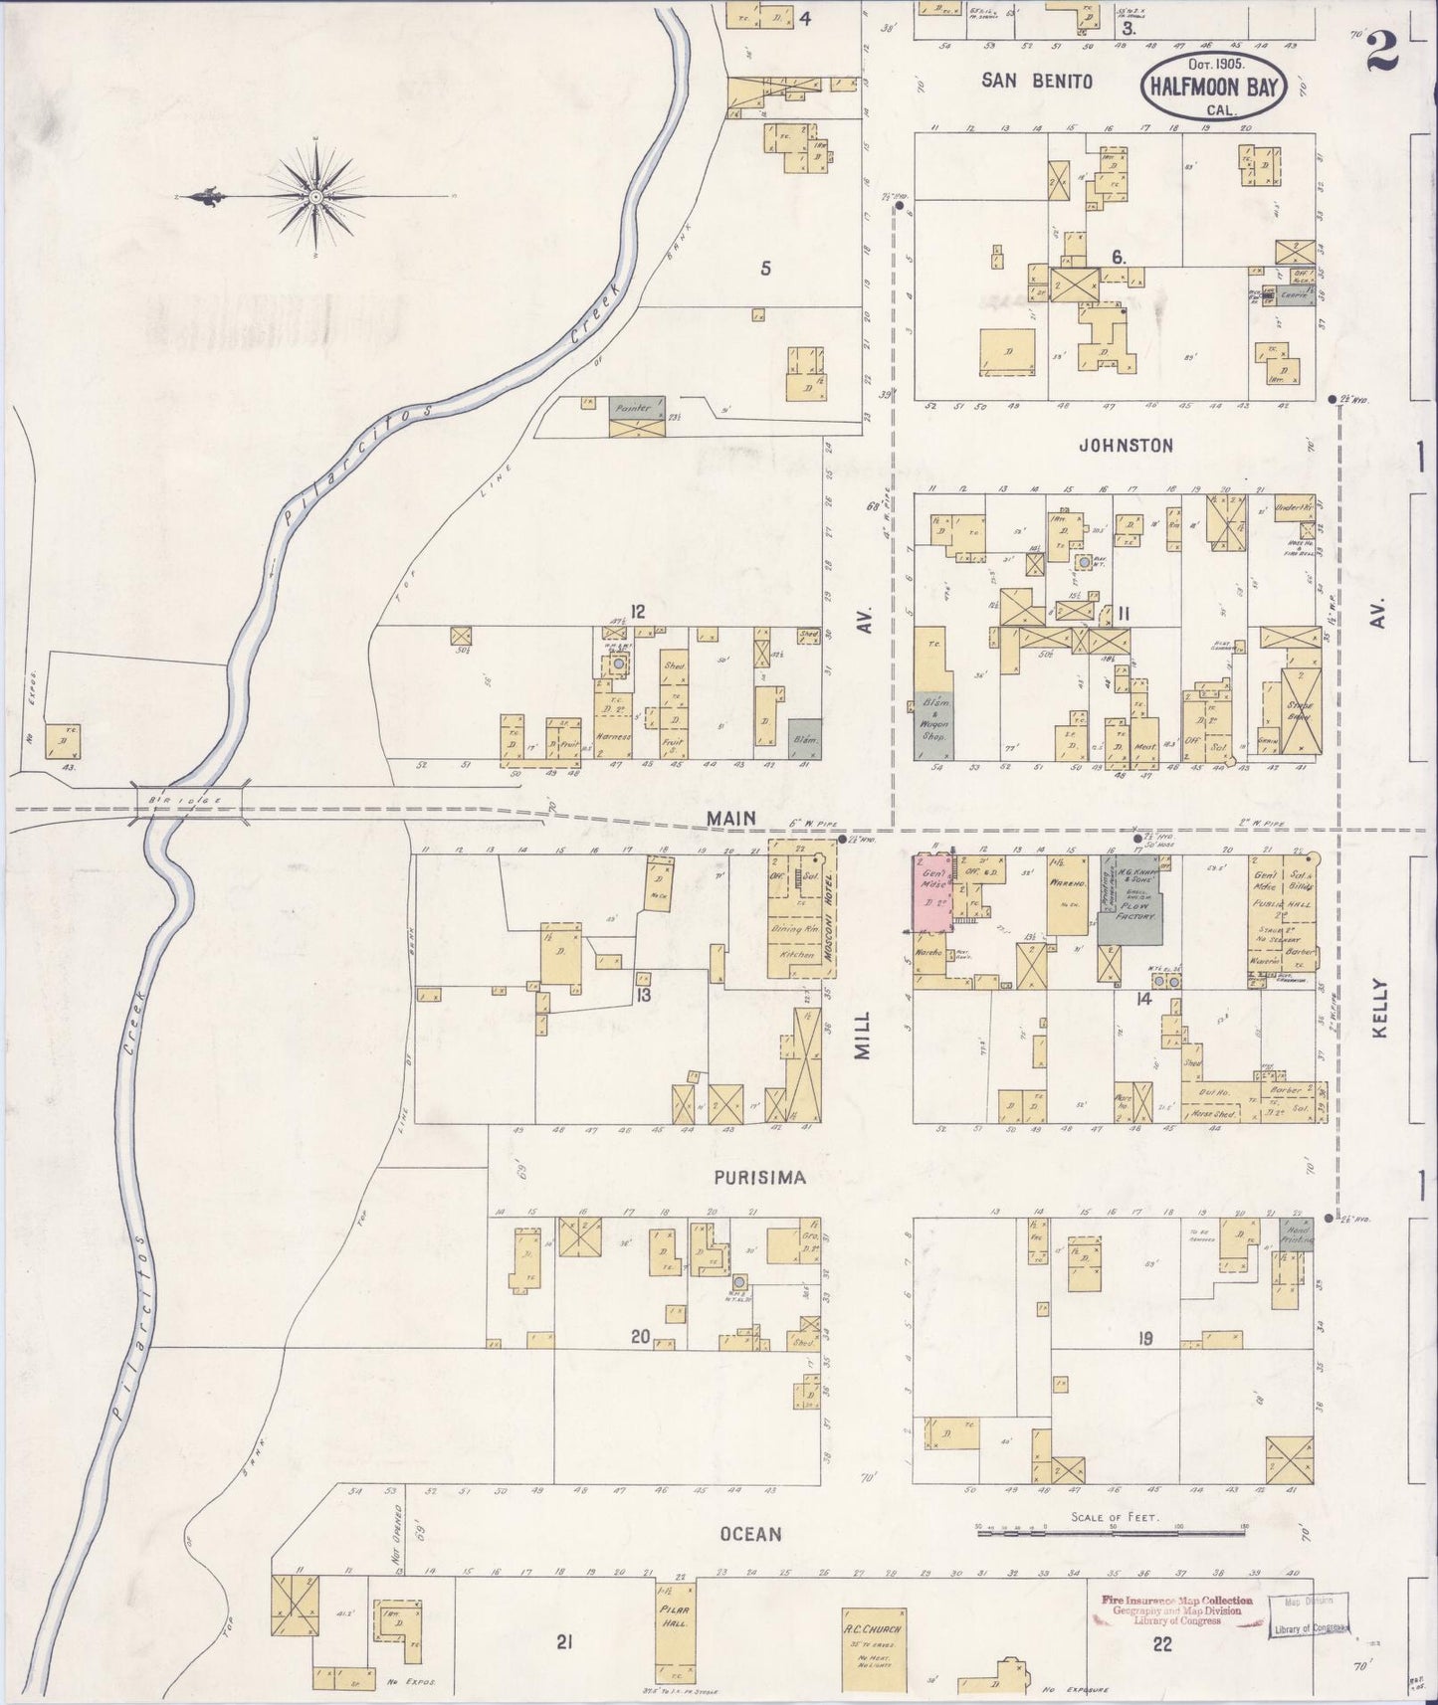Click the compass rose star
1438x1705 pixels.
(315, 197)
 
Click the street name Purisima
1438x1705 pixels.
(759, 1177)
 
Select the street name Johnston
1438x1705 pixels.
(1127, 446)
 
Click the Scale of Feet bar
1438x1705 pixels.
(1111, 1534)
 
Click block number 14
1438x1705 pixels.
(1142, 998)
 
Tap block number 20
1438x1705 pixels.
(639, 1337)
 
